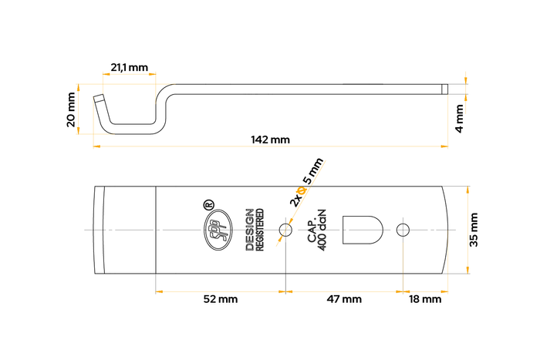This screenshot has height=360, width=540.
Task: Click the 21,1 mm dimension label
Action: point(129,68)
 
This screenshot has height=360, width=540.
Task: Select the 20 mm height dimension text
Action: point(72,109)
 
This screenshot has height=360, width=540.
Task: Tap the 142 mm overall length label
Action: point(270,140)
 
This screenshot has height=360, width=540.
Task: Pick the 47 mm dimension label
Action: point(343,299)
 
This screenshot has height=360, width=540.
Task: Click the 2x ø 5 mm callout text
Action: point(308,183)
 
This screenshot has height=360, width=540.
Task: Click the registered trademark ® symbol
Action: point(208,205)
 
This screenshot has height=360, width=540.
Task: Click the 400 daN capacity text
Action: point(322,230)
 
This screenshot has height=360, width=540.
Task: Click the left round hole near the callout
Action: point(286,230)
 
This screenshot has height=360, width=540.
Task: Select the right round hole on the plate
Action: point(402,230)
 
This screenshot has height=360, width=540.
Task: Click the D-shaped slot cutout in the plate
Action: point(362,230)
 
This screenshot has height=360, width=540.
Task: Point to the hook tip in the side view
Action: point(100,99)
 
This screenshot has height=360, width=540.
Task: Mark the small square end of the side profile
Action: point(444,89)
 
